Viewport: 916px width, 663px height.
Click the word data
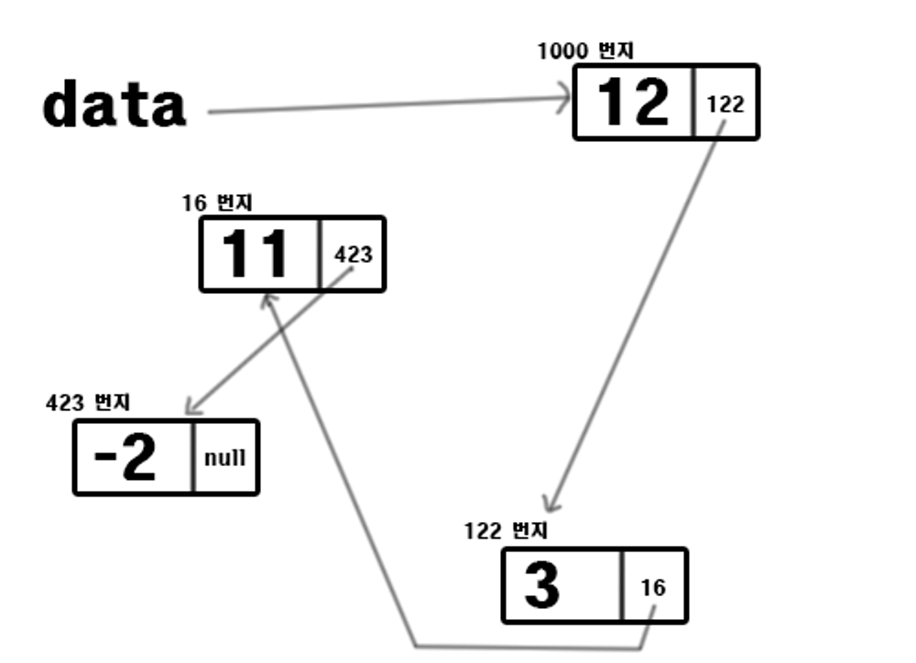click(x=114, y=106)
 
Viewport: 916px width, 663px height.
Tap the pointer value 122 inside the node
click(x=725, y=103)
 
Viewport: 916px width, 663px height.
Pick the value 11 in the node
click(x=256, y=254)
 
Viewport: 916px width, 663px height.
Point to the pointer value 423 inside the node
click(x=354, y=254)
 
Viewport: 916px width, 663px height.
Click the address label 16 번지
click(x=217, y=202)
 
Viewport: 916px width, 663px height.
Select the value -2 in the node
click(x=126, y=458)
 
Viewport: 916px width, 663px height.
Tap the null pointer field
click(x=225, y=458)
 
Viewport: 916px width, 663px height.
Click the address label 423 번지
click(x=89, y=402)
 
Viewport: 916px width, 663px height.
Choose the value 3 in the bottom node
click(x=542, y=586)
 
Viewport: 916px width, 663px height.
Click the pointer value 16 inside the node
click(x=653, y=587)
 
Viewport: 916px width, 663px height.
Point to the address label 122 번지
click(x=506, y=531)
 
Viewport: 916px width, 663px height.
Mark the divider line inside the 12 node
click(x=693, y=102)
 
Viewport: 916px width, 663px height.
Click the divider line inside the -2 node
click(x=193, y=458)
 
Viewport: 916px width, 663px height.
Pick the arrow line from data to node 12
click(x=385, y=108)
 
